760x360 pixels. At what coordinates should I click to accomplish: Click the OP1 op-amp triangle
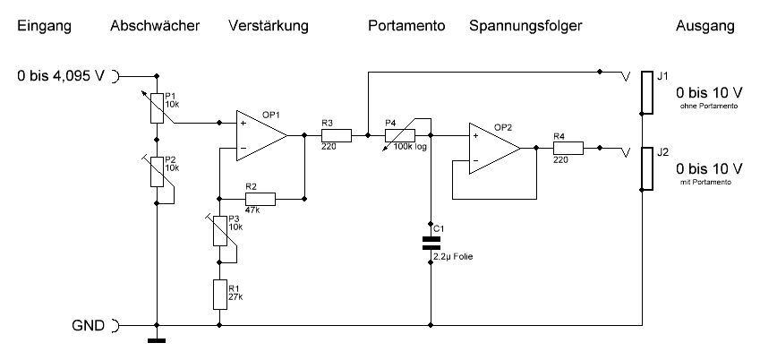(260, 135)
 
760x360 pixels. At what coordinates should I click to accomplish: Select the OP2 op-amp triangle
(492, 149)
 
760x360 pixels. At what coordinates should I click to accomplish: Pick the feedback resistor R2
(260, 198)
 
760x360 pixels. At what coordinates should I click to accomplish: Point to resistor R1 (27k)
(218, 292)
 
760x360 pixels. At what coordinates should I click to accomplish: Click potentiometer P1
(158, 106)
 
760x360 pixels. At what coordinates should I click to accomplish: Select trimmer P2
(158, 170)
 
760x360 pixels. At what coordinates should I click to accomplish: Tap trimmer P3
(218, 231)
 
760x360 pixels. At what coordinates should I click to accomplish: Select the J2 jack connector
(645, 170)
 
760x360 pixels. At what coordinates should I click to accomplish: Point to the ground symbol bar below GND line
(158, 339)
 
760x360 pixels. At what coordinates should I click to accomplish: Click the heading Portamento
(406, 27)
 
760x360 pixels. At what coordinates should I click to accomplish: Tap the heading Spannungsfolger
(525, 27)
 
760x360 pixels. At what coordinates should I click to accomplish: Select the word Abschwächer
(153, 27)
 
